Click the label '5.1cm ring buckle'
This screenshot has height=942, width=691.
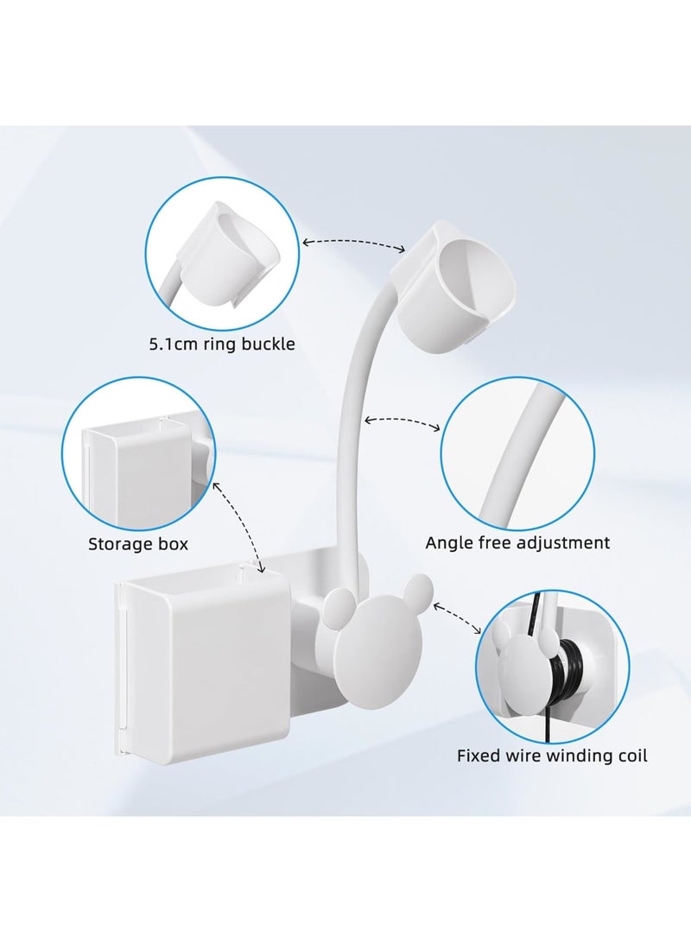(219, 345)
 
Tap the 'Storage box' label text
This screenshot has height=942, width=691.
(138, 544)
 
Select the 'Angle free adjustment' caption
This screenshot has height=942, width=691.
(517, 543)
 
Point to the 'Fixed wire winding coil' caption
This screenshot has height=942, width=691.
(552, 756)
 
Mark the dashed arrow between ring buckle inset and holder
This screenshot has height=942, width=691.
(353, 245)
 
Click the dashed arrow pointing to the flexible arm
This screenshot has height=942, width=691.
(403, 421)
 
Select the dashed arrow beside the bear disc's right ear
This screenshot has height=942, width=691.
(459, 617)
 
